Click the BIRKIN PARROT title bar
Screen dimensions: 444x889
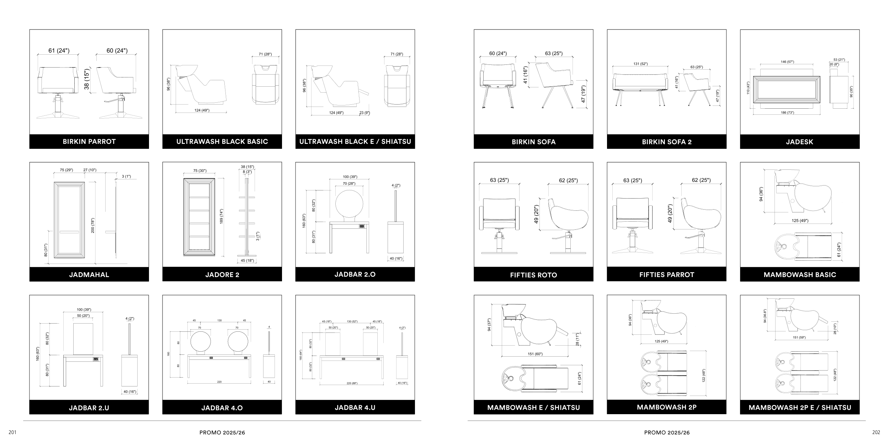pyautogui.click(x=89, y=141)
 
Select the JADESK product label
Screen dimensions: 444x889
pyautogui.click(x=799, y=142)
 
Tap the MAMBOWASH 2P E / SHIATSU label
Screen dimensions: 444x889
pyautogui.click(x=800, y=407)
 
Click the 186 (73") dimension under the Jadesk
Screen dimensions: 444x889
pyautogui.click(x=787, y=113)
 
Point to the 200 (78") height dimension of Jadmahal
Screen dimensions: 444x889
pyautogui.click(x=93, y=225)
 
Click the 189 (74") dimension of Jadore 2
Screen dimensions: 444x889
pyautogui.click(x=221, y=216)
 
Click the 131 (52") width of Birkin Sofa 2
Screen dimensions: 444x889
pyautogui.click(x=640, y=64)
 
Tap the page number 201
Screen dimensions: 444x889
pyautogui.click(x=12, y=432)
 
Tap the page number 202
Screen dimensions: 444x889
pyautogui.click(x=876, y=432)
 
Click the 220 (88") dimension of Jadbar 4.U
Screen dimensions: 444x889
pyautogui.click(x=352, y=383)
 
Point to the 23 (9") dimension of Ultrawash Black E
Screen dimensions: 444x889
pyautogui.click(x=364, y=113)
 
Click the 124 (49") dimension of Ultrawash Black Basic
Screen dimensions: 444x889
pyautogui.click(x=202, y=110)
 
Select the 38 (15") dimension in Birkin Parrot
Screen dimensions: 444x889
pyautogui.click(x=87, y=79)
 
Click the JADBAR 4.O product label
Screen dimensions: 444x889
pyautogui.click(x=222, y=408)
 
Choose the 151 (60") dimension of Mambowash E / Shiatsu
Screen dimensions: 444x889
pyautogui.click(x=535, y=354)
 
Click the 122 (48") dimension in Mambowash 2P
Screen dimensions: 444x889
pyautogui.click(x=703, y=375)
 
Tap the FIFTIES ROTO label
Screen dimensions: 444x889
pyautogui.click(x=533, y=275)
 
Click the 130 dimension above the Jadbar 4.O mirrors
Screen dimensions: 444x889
pyautogui.click(x=219, y=320)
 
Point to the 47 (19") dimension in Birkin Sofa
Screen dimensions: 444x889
pyautogui.click(x=583, y=94)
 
